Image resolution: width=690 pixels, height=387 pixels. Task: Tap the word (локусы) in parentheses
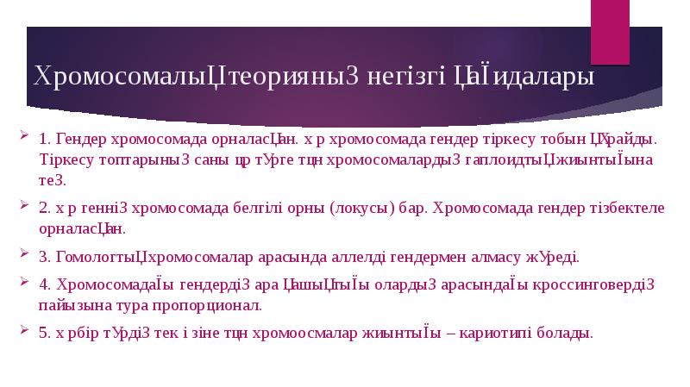point(361,209)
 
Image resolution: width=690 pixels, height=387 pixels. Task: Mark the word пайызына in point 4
point(69,305)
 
